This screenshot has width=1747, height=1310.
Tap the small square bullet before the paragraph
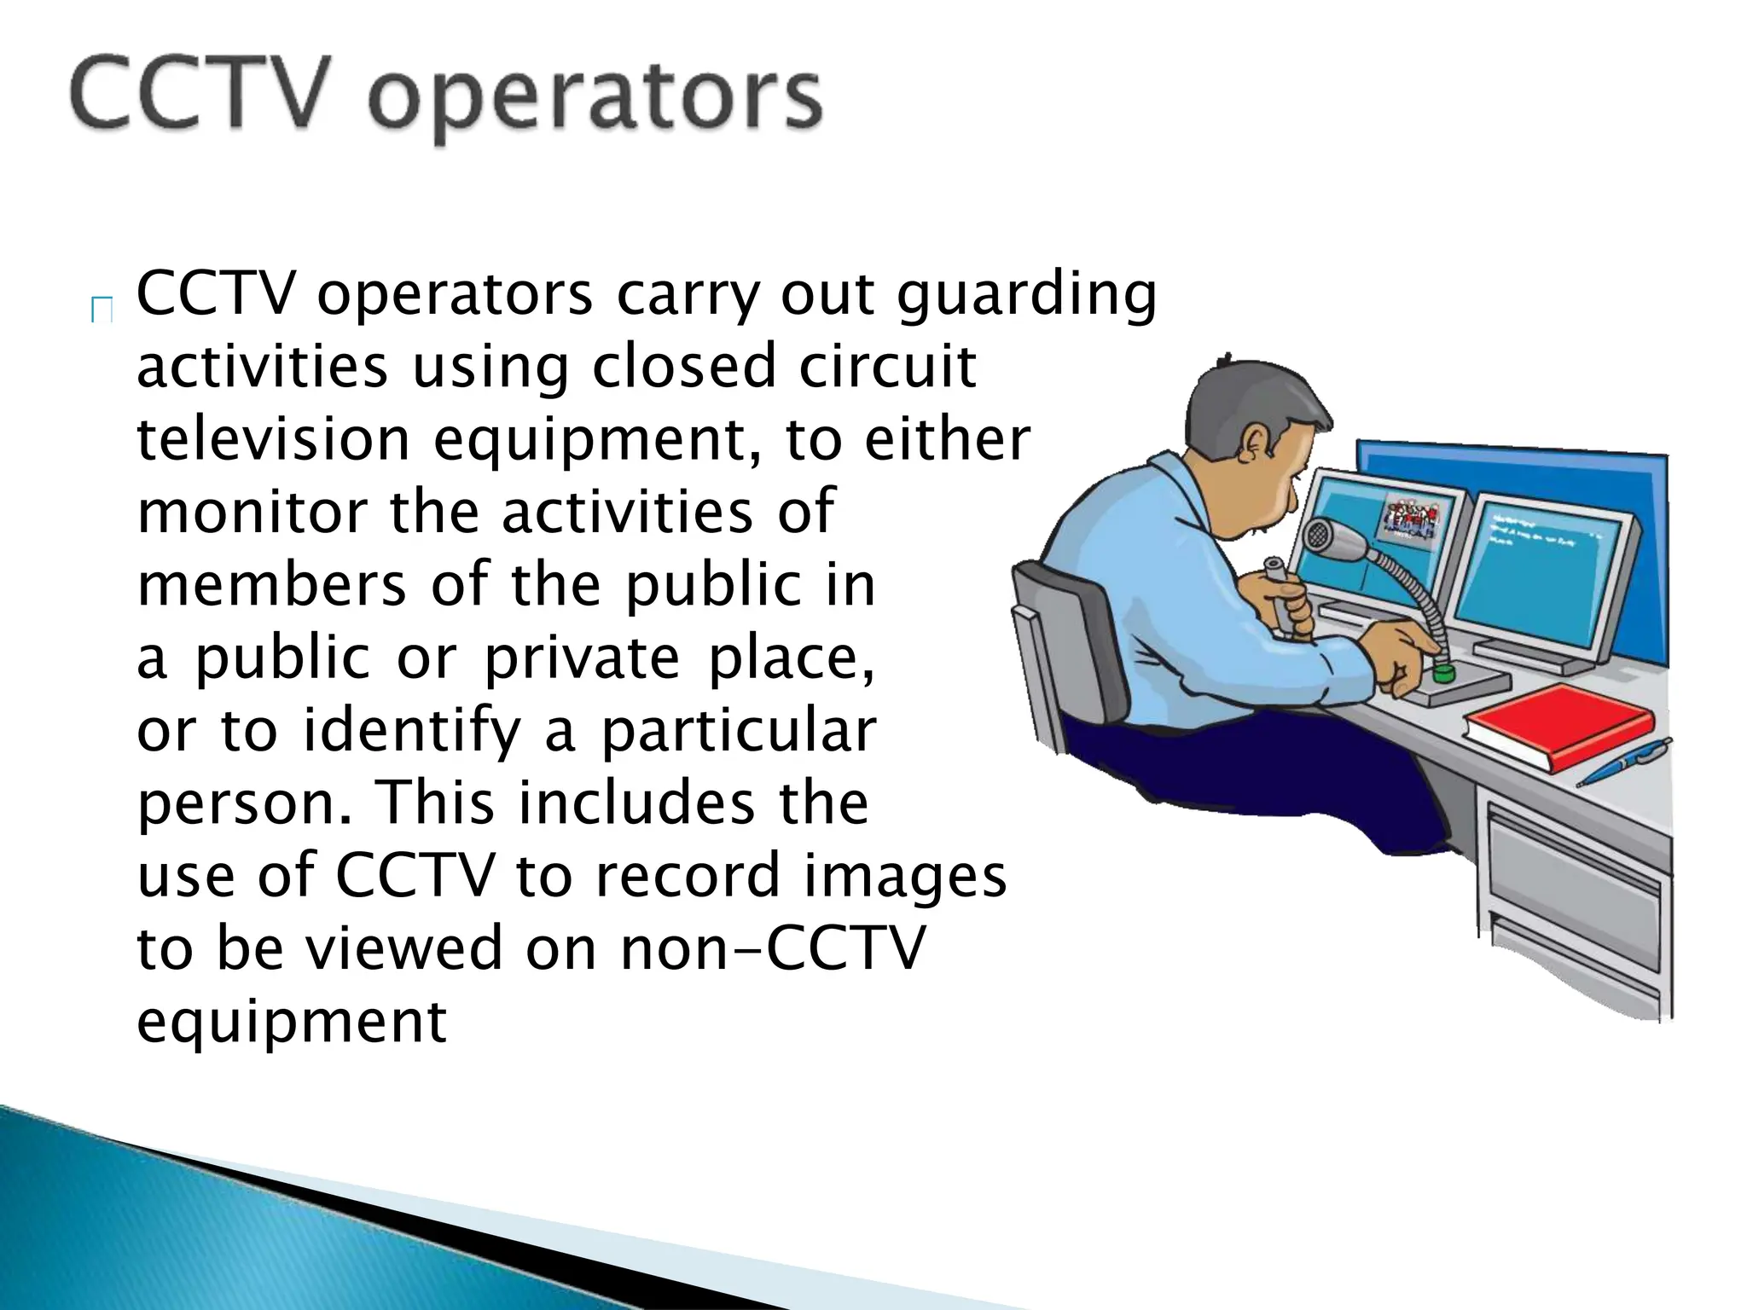click(102, 311)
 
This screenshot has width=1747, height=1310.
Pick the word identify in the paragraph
click(411, 732)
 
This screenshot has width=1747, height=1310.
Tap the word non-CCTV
click(771, 949)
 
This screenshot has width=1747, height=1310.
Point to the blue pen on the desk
click(1622, 762)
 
